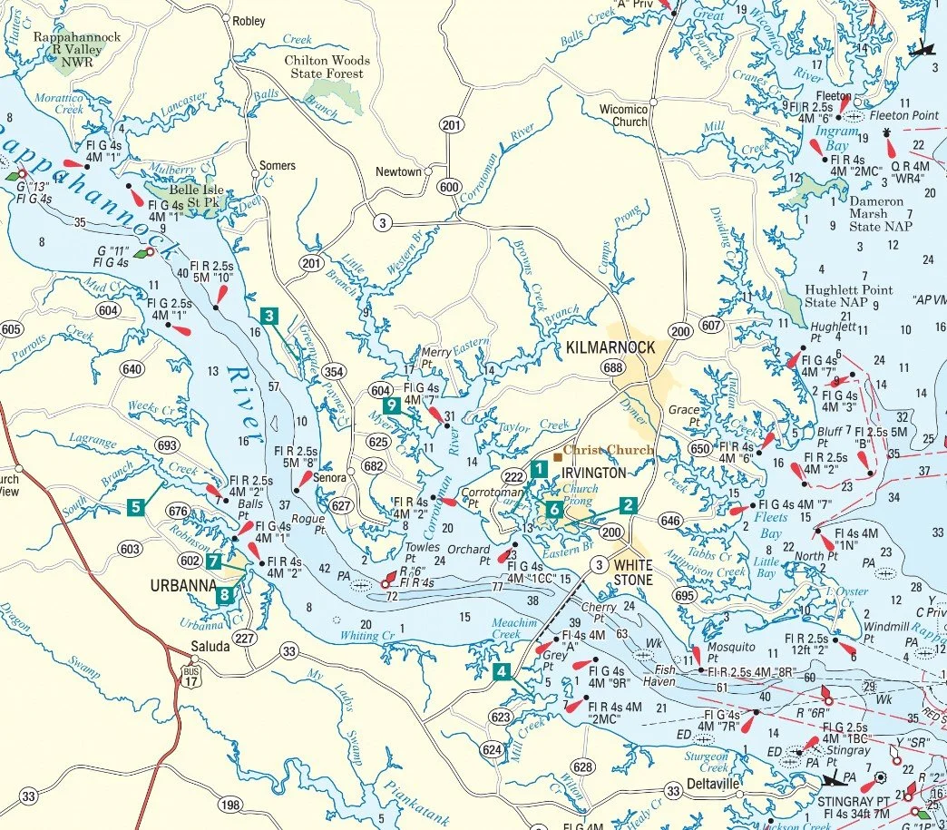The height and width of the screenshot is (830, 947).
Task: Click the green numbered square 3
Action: coord(268,316)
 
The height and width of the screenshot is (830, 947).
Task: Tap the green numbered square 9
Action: coord(391,405)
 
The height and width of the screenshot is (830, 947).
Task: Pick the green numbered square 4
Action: coord(501,672)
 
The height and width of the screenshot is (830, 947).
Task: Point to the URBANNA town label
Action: coord(181,586)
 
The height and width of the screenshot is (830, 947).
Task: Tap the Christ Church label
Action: coord(607,450)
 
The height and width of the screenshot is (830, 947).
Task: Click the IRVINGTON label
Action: coord(594,473)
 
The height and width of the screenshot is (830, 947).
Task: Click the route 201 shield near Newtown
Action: coord(450,124)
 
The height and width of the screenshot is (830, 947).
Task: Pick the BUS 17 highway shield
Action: coord(190,675)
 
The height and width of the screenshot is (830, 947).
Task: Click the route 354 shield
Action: coord(333,373)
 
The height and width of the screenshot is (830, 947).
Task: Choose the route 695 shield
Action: coord(684,595)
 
